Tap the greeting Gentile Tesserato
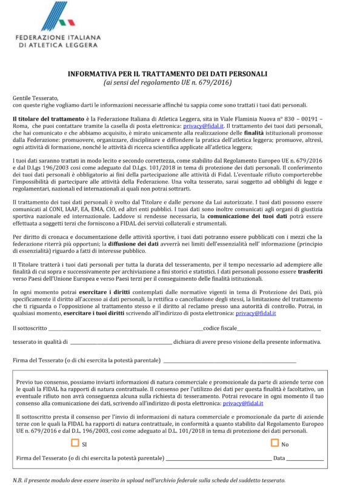[36, 98]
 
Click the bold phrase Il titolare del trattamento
[48, 118]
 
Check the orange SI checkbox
[75, 443]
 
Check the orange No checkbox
[274, 443]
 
